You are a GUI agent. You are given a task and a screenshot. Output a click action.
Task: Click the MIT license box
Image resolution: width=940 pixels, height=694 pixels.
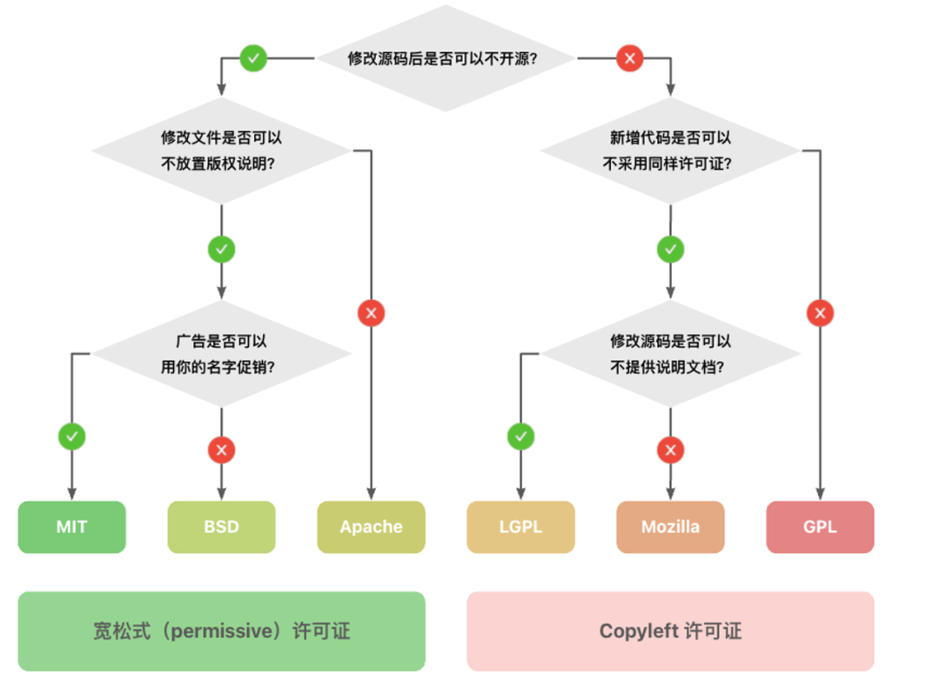(x=71, y=527)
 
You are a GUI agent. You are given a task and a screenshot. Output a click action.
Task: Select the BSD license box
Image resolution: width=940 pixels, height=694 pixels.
(x=221, y=527)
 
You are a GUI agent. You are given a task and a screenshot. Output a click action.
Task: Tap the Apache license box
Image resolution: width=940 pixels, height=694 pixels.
(x=371, y=527)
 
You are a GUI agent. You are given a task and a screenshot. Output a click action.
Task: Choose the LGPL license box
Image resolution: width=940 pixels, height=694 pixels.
(x=520, y=527)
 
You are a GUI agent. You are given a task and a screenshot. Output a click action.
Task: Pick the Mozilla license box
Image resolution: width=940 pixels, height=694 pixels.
(x=670, y=527)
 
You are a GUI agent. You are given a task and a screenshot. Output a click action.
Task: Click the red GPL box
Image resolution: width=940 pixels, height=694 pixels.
(x=820, y=527)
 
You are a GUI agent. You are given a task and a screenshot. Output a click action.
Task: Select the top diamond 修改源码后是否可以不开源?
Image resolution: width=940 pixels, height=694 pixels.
(x=445, y=59)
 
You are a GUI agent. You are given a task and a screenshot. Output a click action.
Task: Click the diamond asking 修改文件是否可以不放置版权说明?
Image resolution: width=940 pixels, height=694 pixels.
(x=221, y=150)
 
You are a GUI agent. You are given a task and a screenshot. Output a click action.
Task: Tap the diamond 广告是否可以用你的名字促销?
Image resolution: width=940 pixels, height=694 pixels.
(x=221, y=354)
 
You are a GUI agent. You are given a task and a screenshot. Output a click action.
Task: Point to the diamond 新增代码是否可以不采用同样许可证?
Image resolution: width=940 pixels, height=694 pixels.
(x=670, y=150)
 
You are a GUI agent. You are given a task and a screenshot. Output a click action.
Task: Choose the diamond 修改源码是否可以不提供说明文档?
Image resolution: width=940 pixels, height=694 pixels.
(x=670, y=354)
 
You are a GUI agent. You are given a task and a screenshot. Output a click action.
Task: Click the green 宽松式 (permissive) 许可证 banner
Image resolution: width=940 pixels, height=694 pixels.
(x=221, y=631)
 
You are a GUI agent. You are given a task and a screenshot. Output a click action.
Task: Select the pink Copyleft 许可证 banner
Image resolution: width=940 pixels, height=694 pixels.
(x=670, y=631)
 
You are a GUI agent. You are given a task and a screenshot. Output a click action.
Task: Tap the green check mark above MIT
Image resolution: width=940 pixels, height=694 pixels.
(x=71, y=436)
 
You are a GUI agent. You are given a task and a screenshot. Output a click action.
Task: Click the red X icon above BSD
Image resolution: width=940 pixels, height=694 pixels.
(x=221, y=450)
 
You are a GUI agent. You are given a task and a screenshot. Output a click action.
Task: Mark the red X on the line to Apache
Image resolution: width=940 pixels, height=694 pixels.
(x=372, y=313)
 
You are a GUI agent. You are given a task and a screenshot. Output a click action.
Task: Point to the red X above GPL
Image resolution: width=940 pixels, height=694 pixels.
(x=820, y=313)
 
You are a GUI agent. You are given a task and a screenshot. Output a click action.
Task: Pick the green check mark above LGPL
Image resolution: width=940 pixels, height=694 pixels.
(x=520, y=436)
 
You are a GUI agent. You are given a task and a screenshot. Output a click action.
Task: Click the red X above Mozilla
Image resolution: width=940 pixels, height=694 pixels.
(x=670, y=450)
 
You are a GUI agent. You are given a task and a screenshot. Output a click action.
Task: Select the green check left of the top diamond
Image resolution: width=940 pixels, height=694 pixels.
(x=253, y=59)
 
